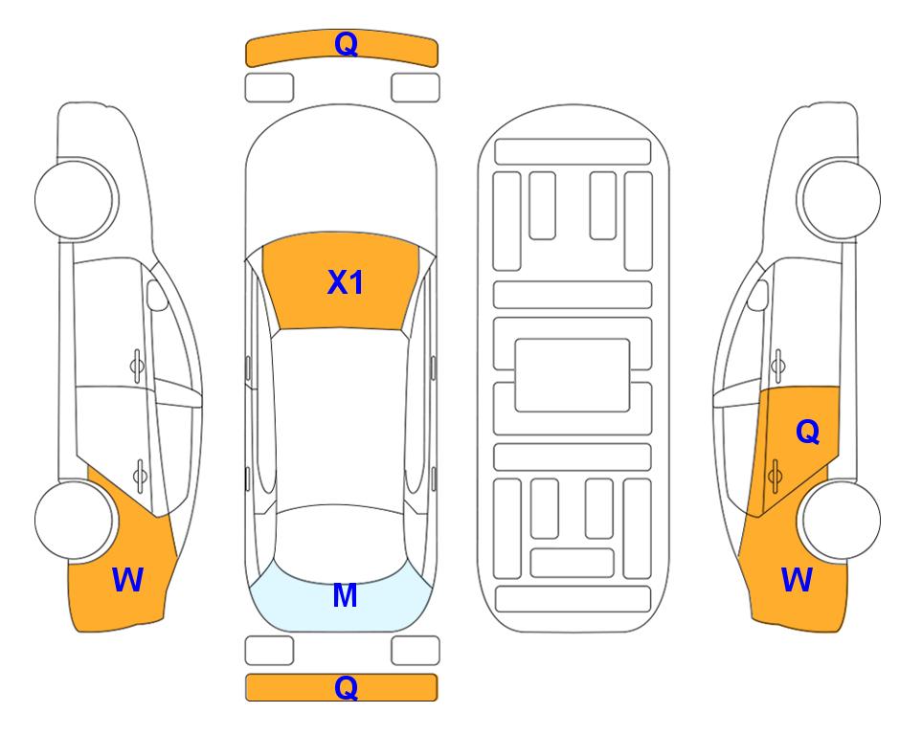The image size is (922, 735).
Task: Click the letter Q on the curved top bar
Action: click(x=346, y=44)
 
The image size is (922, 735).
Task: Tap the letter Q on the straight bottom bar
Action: click(x=346, y=687)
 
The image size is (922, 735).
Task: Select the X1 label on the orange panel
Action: click(x=346, y=282)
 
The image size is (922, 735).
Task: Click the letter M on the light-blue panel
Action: click(x=346, y=595)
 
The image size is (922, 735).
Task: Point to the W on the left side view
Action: click(x=127, y=580)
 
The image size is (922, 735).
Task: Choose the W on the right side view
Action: click(x=797, y=580)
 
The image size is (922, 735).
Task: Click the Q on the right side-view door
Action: click(x=807, y=433)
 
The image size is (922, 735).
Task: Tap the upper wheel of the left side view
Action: click(x=77, y=199)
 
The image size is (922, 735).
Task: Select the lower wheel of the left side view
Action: click(x=76, y=520)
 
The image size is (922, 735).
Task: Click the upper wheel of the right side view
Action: click(x=839, y=199)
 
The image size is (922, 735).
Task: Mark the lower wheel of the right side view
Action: click(x=840, y=520)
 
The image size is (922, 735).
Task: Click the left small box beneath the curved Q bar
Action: click(x=269, y=88)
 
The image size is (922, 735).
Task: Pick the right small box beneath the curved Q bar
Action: click(x=416, y=88)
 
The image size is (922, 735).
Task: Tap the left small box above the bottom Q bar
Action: click(x=269, y=651)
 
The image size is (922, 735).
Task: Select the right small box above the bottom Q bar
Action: click(x=416, y=651)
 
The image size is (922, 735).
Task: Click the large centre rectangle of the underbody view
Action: click(x=573, y=375)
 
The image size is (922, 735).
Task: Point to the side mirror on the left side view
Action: click(x=157, y=295)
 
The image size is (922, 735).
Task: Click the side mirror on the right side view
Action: click(x=758, y=295)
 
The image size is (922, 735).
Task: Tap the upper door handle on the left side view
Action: click(x=137, y=366)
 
